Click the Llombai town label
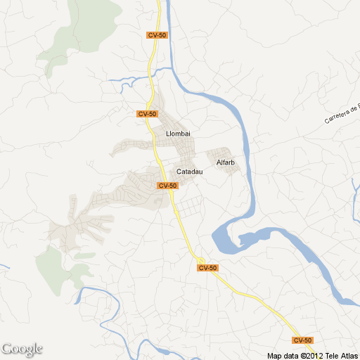point(178,134)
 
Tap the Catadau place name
point(190,172)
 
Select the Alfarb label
point(226,163)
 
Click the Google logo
point(22,349)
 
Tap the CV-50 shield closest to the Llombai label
point(148,114)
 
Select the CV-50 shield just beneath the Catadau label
point(167,186)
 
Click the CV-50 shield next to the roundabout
point(208,268)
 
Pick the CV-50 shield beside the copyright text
point(302,340)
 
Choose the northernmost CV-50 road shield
point(157,35)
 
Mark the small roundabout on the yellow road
point(200,259)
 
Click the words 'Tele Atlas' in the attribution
point(342,356)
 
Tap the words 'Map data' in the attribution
point(282,356)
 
